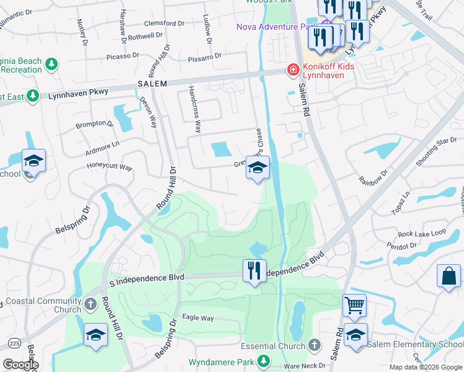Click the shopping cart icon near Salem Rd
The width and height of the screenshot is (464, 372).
354,304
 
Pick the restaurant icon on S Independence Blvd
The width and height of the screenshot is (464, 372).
254,270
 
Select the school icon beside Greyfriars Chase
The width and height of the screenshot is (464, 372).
257,167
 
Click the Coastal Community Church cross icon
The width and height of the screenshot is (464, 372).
91,303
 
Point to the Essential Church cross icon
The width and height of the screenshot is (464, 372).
315,345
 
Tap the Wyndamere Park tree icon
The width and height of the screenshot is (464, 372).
264,360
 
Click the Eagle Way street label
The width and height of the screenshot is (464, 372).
197,318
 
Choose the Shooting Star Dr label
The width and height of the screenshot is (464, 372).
437,152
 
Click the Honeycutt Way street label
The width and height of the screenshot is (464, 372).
109,167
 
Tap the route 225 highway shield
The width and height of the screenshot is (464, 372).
14,342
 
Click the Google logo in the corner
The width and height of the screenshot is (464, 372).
20,365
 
